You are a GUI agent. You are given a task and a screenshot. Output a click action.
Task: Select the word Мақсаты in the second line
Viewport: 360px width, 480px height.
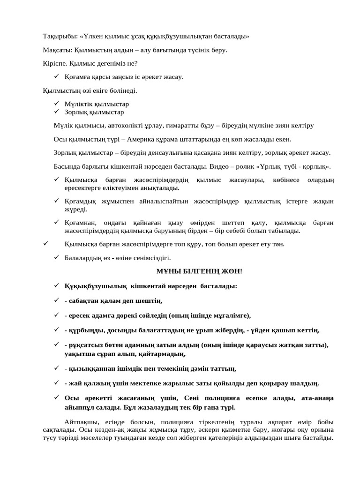pos(55,50)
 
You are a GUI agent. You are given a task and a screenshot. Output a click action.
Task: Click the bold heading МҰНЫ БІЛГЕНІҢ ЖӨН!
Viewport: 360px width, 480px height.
pos(199,271)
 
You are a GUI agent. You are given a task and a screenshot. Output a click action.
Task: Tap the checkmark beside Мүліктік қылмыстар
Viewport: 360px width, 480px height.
pos(56,104)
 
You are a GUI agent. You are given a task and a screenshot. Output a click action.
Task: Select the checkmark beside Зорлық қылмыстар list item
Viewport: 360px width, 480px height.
pos(56,112)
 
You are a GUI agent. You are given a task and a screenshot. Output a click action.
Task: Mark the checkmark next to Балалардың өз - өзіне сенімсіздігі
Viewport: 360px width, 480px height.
pos(56,257)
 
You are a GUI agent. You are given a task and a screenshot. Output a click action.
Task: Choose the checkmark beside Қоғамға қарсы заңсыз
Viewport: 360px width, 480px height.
pos(56,76)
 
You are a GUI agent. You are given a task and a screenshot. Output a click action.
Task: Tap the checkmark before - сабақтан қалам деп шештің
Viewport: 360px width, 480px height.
pos(56,300)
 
